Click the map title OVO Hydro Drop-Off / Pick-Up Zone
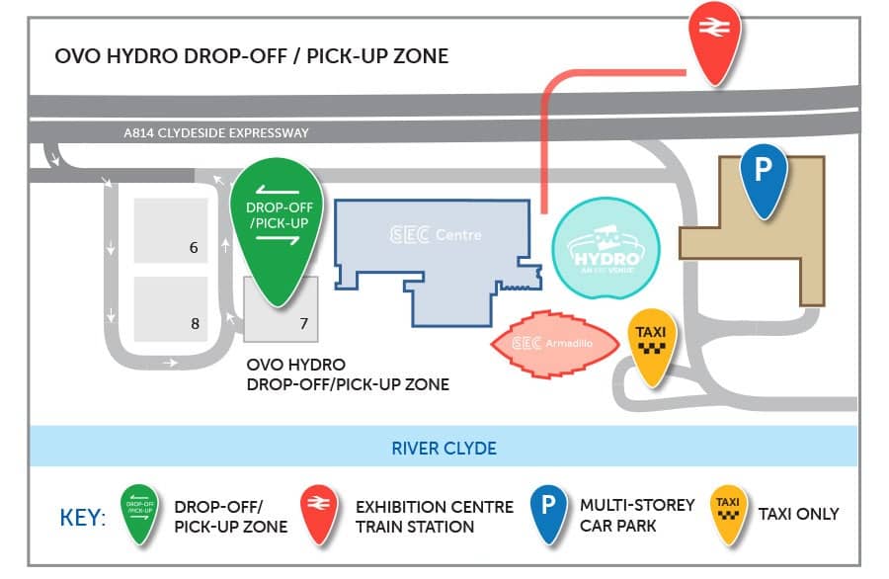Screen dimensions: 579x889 tap(252, 55)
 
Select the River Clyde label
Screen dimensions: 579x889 tap(444, 448)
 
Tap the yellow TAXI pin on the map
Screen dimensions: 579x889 tap(650, 346)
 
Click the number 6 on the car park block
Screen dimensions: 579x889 tap(195, 248)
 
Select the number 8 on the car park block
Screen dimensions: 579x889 tap(195, 322)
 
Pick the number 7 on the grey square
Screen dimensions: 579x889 tap(303, 322)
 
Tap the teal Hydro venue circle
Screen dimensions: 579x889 tap(605, 249)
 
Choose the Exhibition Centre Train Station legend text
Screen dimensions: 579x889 tap(435, 516)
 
